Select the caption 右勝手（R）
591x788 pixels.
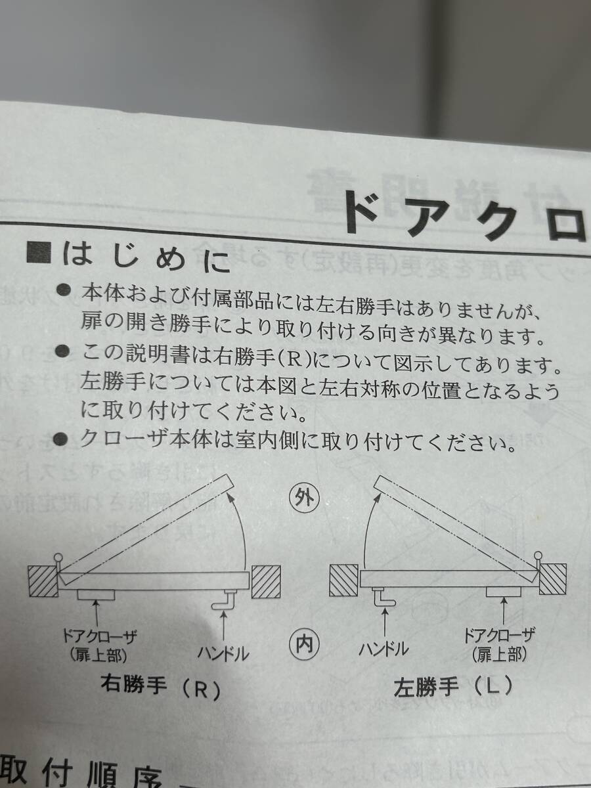(x=158, y=689)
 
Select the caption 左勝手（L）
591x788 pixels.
(x=453, y=688)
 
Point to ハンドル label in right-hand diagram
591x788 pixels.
(x=223, y=653)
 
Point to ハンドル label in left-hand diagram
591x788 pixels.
(x=383, y=649)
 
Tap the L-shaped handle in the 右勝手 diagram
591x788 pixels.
(x=225, y=598)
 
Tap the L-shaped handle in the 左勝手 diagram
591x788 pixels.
(x=382, y=597)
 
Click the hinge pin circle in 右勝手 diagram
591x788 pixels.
(x=60, y=559)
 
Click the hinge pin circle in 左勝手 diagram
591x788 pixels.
(x=538, y=556)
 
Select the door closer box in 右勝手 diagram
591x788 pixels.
(x=96, y=594)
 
